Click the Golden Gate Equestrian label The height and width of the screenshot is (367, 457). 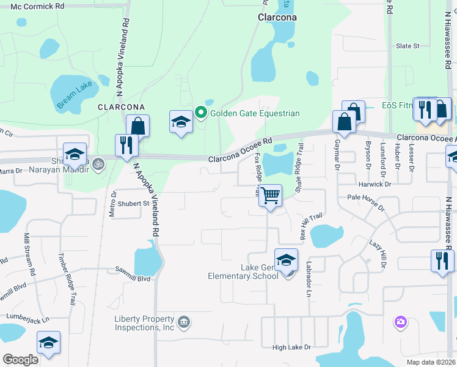[255, 113]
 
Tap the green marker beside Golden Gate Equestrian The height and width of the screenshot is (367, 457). [201, 113]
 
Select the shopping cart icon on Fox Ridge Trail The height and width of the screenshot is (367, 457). [270, 196]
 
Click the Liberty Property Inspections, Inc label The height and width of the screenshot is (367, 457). [145, 323]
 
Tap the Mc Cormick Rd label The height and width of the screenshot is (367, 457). [37, 6]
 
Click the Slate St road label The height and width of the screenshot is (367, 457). [408, 46]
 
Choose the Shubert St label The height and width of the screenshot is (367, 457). [134, 203]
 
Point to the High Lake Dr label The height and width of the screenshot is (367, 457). [291, 347]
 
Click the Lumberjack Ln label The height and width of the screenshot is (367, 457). [27, 317]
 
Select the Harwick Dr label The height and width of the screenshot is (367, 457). [375, 183]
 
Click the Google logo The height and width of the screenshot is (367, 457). [20, 360]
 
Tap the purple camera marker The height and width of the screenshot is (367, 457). [401, 321]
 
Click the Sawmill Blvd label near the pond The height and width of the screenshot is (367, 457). [135, 278]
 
